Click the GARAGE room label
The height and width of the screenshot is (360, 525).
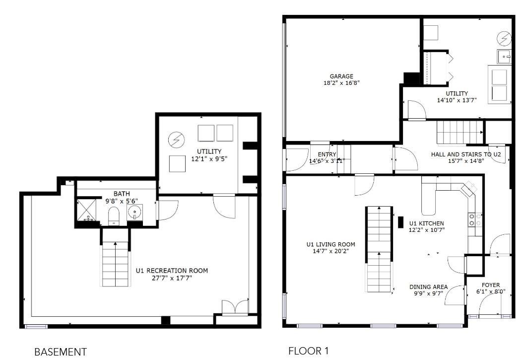point(341,76)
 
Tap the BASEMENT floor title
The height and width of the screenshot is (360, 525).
point(60,352)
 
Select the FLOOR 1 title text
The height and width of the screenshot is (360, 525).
point(308,351)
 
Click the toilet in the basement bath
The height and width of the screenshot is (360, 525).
point(114,216)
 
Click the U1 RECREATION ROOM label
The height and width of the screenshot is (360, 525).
point(172,271)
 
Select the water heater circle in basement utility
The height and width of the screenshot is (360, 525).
point(175,140)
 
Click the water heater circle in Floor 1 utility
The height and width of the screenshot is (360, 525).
point(504,38)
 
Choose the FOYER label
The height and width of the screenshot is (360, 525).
point(491,285)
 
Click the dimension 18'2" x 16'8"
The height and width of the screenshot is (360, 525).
point(341,83)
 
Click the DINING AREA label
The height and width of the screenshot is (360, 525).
point(428,287)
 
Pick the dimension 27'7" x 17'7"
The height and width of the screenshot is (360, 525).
point(172,278)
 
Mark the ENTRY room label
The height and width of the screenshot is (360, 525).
point(327,154)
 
